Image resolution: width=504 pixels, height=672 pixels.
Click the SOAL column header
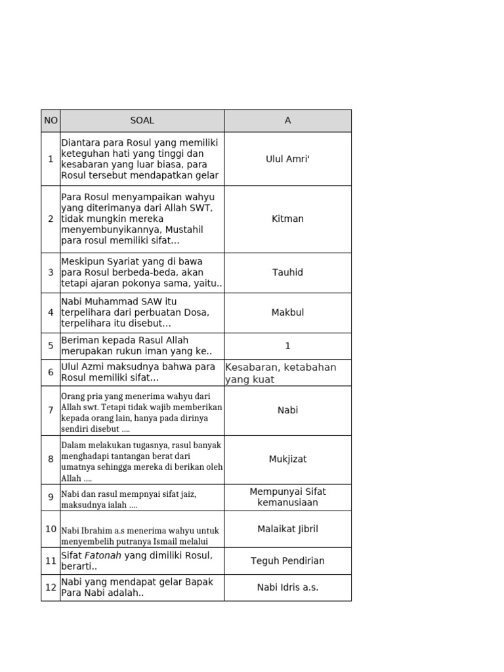(x=142, y=121)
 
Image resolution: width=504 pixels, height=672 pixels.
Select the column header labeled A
(x=287, y=121)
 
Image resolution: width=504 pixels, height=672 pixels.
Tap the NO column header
(x=51, y=121)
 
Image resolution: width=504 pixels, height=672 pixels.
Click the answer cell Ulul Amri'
(x=287, y=159)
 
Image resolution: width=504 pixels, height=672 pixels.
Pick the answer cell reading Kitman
(x=287, y=219)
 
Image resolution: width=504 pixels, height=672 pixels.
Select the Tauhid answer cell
(x=287, y=272)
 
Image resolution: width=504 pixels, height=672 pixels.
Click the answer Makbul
(x=287, y=312)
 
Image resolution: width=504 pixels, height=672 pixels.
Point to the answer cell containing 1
(x=287, y=346)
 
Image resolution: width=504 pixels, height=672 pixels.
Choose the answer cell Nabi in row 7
(x=287, y=410)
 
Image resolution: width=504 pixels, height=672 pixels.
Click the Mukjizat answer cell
(x=287, y=459)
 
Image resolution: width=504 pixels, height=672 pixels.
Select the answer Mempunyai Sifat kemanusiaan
(x=287, y=497)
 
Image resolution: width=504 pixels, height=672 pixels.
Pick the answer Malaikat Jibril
(x=287, y=529)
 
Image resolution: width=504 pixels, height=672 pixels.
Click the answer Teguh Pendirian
(x=287, y=561)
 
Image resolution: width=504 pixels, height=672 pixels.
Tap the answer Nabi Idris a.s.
(x=287, y=587)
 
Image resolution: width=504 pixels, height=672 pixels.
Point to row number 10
(x=51, y=529)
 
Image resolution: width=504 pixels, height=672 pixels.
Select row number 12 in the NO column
(x=51, y=587)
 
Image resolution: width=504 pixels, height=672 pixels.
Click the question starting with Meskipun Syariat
(x=142, y=272)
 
